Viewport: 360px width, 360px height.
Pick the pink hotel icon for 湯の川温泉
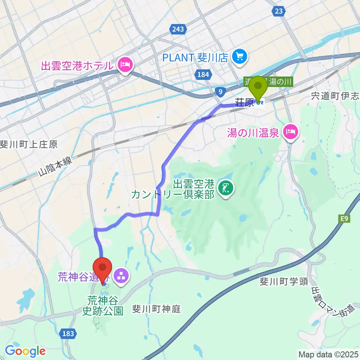pyautogui.click(x=291, y=132)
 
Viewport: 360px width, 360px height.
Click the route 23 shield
pyautogui.click(x=278, y=11)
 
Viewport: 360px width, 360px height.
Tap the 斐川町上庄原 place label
pyautogui.click(x=29, y=144)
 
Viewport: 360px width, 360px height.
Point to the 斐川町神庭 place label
pyautogui.click(x=156, y=309)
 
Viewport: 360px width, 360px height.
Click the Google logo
pyautogui.click(x=25, y=351)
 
